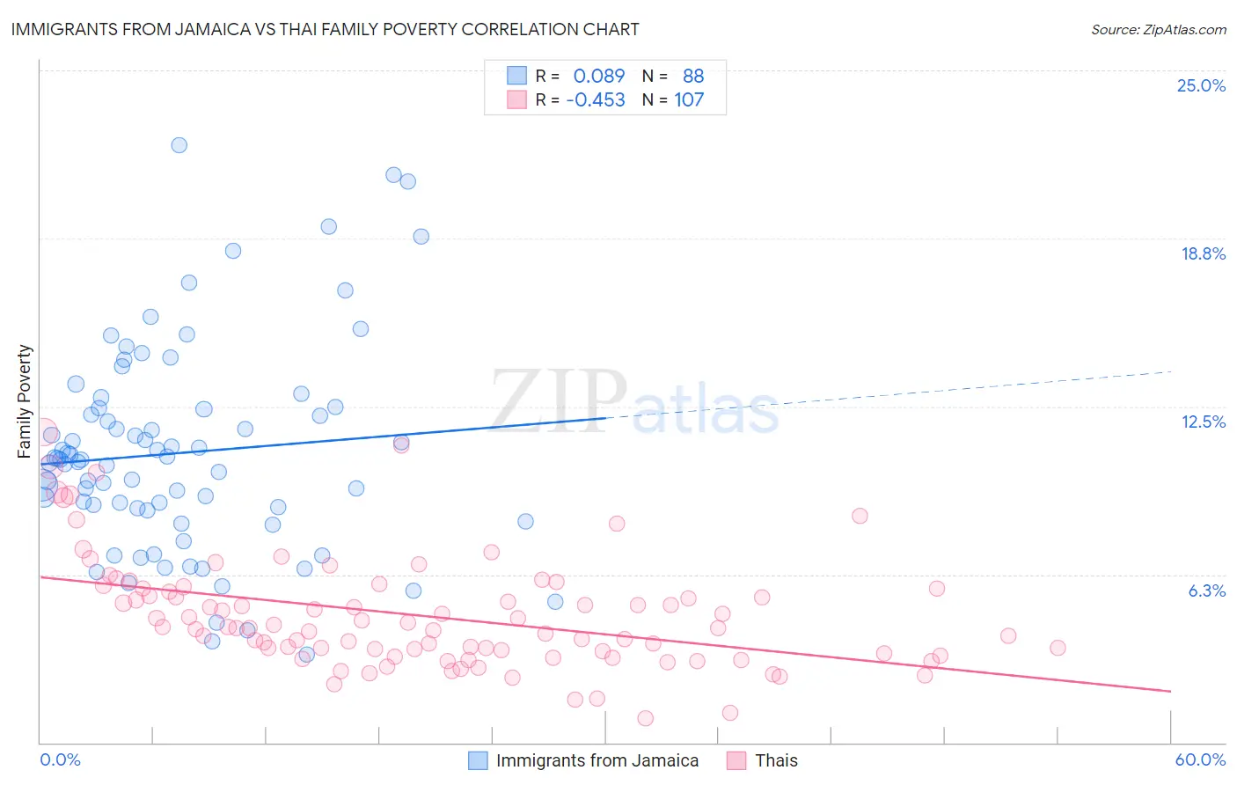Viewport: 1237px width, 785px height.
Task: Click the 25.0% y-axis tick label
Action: (x=1201, y=85)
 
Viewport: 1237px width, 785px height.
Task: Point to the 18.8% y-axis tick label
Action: (x=1203, y=253)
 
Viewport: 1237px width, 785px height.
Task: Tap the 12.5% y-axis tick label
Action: (x=1203, y=422)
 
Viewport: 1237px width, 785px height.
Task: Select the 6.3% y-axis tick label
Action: (x=1206, y=591)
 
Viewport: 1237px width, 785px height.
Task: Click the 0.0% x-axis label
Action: (x=60, y=759)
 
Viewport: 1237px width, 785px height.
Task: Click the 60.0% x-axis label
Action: (x=1200, y=759)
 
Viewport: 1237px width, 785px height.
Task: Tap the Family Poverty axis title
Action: (x=25, y=401)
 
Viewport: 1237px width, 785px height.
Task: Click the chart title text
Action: (x=325, y=29)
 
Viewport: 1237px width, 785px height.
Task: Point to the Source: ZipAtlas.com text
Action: (x=1158, y=29)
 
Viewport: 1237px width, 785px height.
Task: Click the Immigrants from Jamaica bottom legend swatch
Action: (x=478, y=760)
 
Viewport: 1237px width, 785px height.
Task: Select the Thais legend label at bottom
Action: (x=776, y=760)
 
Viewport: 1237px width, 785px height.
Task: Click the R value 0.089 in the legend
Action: (x=598, y=76)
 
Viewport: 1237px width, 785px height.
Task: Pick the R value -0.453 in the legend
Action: (x=596, y=99)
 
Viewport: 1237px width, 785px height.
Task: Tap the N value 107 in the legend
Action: (x=689, y=99)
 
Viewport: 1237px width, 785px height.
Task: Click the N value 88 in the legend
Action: (x=692, y=76)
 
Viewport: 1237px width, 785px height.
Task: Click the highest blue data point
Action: (x=179, y=145)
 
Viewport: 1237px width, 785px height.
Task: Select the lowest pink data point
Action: (x=645, y=718)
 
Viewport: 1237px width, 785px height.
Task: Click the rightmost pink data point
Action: (x=1058, y=648)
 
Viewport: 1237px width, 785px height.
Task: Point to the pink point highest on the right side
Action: (x=860, y=516)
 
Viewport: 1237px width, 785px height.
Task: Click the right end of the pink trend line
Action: (x=1171, y=691)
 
